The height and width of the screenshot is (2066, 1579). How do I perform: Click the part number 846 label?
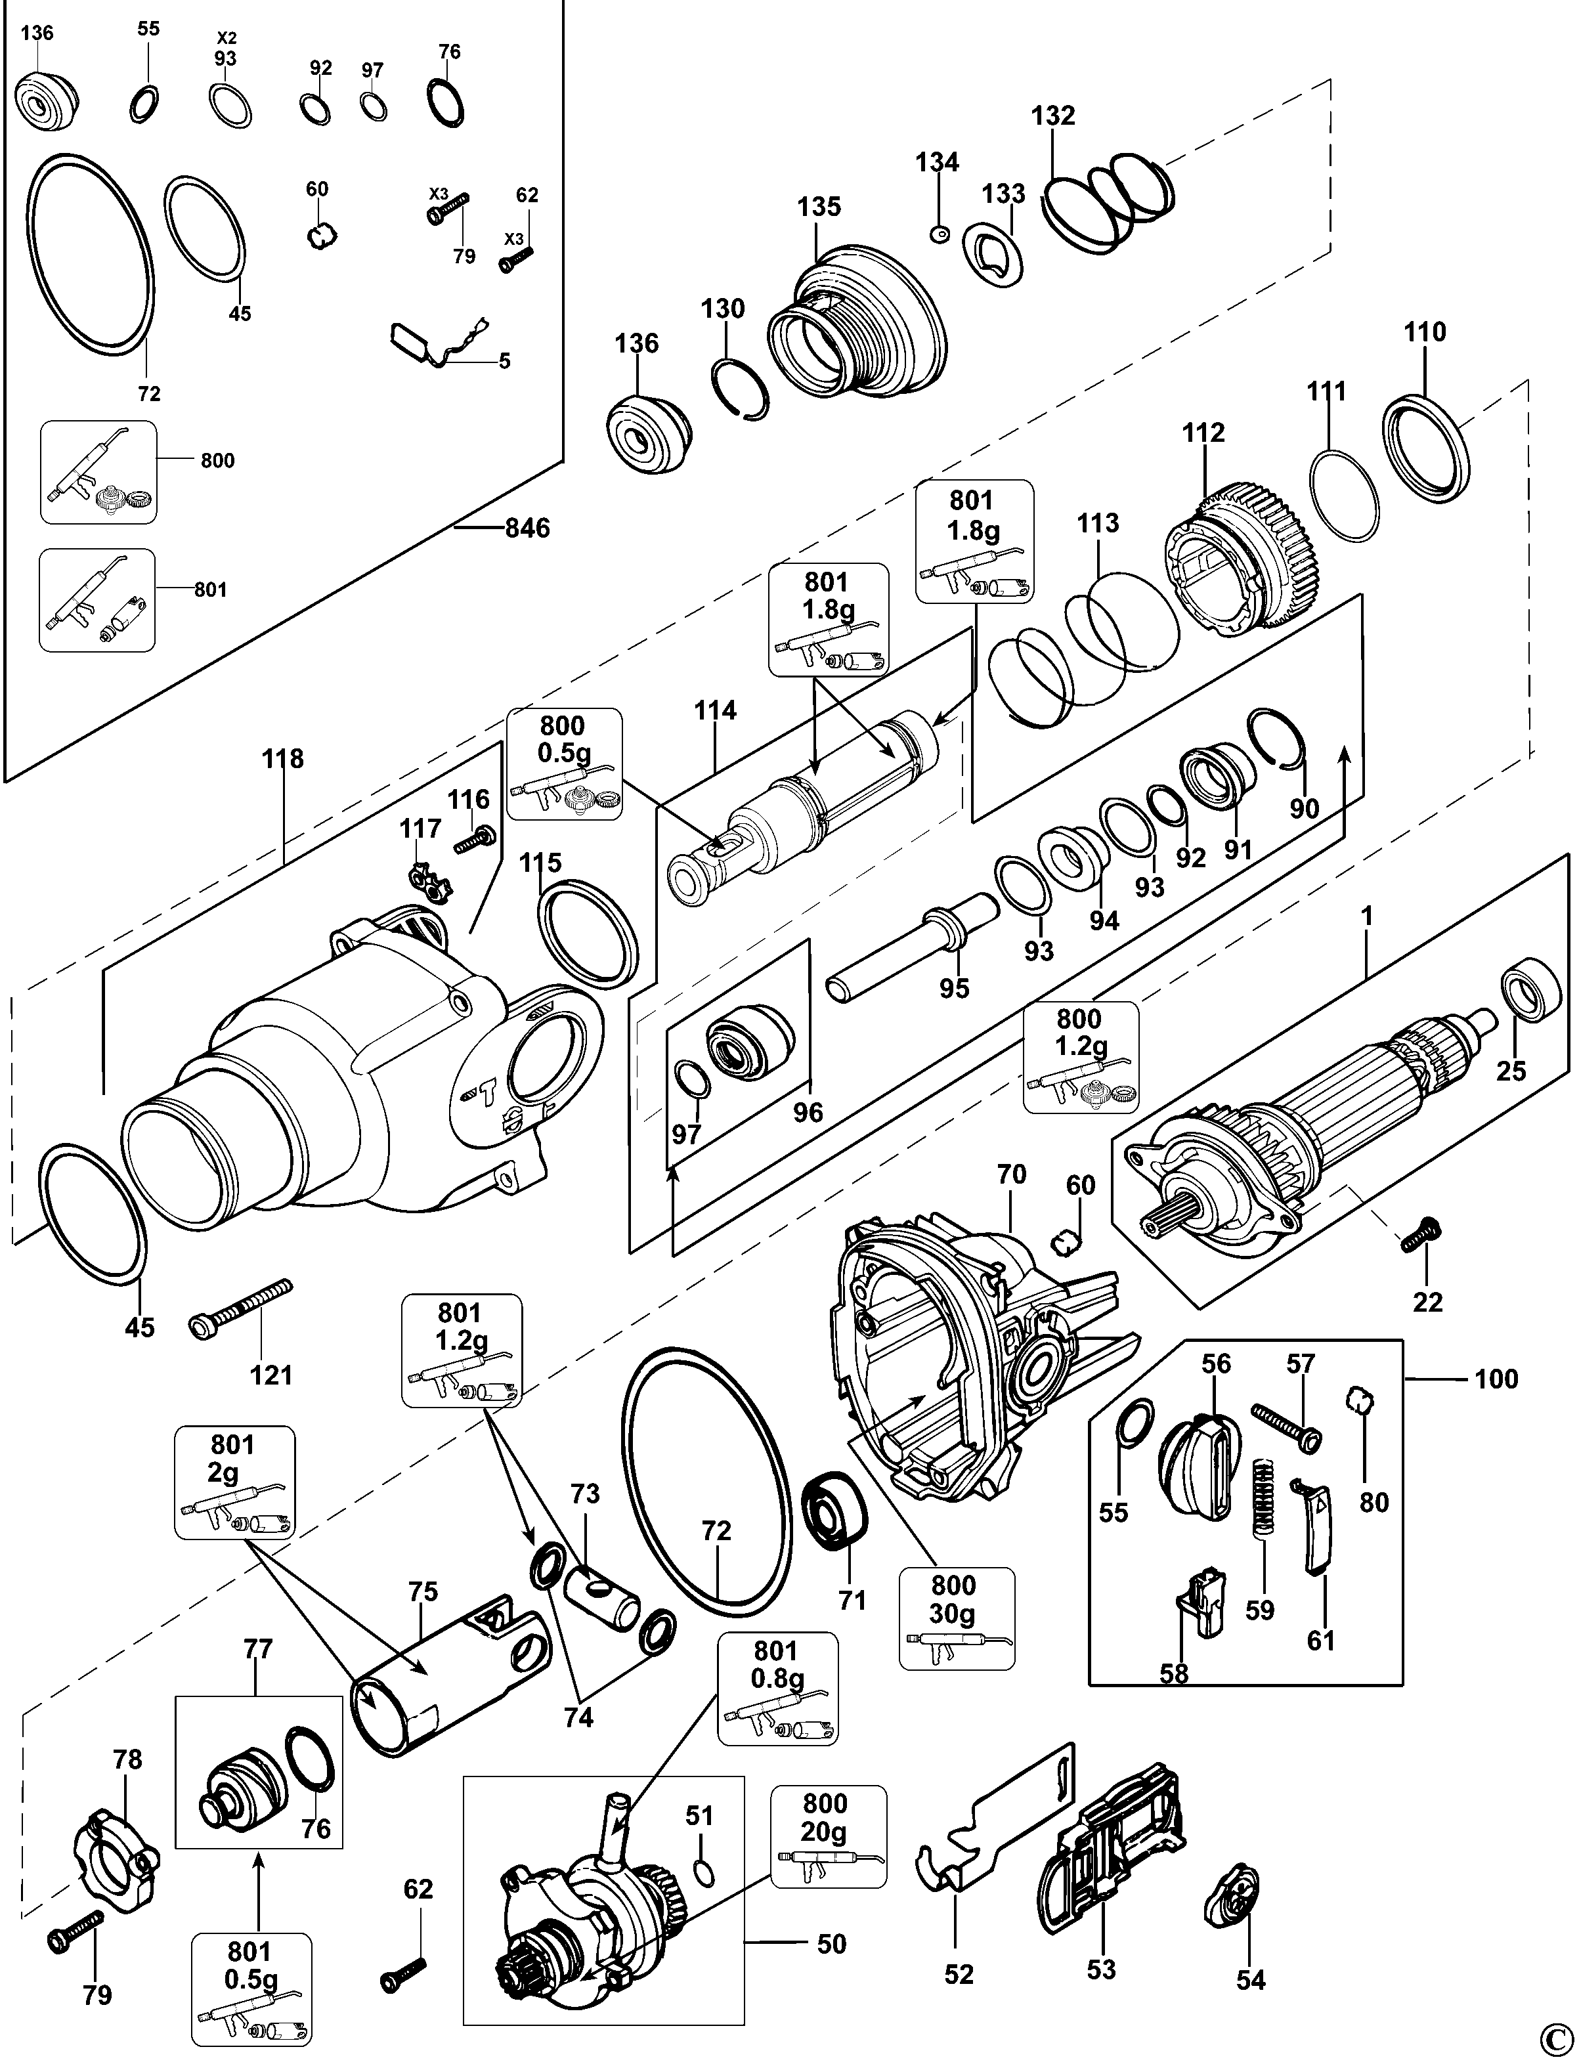pyautogui.click(x=527, y=528)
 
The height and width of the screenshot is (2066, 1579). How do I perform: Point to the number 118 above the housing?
pyautogui.click(x=283, y=758)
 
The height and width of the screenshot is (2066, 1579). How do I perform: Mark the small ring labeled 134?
pyautogui.click(x=938, y=232)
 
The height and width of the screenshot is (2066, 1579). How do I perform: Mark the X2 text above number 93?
pyautogui.click(x=227, y=37)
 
